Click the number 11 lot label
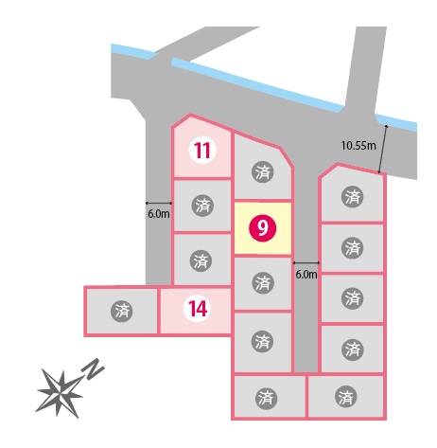[x=202, y=151]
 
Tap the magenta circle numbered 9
[x=262, y=228]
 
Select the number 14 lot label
[x=198, y=309]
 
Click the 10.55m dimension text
[x=358, y=146]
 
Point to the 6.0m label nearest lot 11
[x=159, y=214]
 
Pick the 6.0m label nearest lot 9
[x=306, y=274]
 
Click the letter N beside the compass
[x=93, y=368]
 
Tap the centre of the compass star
[x=60, y=392]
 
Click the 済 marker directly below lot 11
[x=202, y=206]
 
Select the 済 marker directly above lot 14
[x=201, y=260]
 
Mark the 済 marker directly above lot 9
[x=263, y=172]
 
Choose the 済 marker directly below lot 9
[x=263, y=283]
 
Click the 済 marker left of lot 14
[x=122, y=312]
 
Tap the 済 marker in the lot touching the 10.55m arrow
[x=352, y=197]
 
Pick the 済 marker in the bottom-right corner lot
[x=346, y=397]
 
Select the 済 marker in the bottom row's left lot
[x=266, y=398]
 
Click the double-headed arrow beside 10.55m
[x=383, y=149]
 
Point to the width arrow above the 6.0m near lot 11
[x=159, y=203]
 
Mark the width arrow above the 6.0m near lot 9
[x=306, y=262]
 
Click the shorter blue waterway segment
[x=134, y=51]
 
